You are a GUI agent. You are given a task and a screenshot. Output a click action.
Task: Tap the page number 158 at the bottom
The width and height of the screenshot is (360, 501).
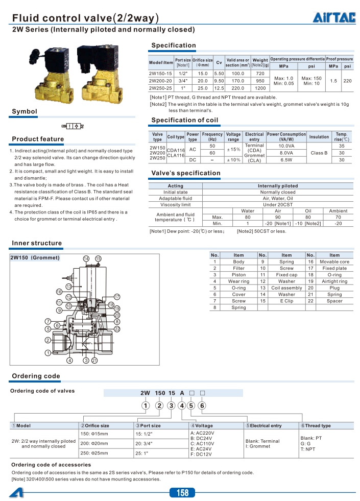click(182, 492)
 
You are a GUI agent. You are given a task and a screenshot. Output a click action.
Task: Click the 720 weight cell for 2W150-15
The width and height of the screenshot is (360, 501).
click(260, 74)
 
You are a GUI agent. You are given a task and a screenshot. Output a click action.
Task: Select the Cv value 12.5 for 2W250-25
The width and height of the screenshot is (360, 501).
click(219, 88)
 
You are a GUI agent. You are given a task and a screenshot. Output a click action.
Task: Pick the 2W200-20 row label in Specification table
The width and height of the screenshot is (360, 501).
click(160, 81)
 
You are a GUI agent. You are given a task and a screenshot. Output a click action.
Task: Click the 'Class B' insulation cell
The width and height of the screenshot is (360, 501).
click(319, 153)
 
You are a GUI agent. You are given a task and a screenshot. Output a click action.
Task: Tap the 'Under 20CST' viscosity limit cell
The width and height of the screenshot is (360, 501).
click(278, 205)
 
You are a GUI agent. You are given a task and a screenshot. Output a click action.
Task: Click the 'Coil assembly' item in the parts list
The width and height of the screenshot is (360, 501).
click(286, 288)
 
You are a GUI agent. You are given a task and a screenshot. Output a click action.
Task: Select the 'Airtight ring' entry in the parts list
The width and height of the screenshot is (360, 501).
click(334, 281)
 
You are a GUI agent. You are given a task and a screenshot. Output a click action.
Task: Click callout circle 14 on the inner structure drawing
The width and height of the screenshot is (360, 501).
click(86, 259)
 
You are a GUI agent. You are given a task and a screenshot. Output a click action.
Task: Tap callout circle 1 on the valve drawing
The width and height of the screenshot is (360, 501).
click(47, 352)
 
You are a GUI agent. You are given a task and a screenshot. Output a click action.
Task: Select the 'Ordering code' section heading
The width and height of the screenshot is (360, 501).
click(36, 376)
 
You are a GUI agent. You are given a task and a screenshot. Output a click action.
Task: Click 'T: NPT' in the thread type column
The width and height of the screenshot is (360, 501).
click(309, 449)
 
